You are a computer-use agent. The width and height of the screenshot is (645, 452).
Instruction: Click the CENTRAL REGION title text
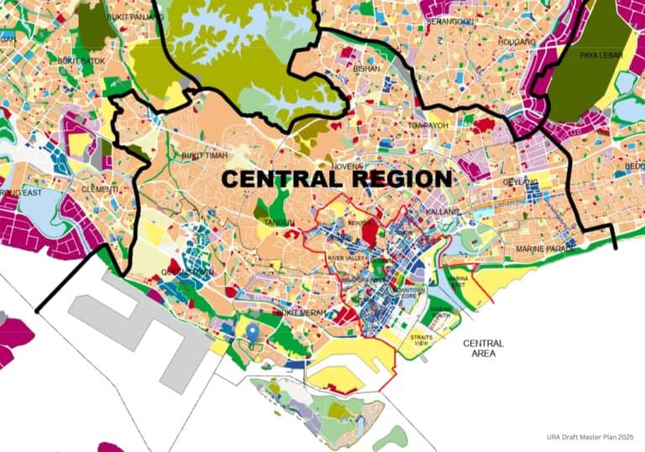[x=337, y=179]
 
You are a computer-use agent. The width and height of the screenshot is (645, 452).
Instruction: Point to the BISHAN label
[x=367, y=69]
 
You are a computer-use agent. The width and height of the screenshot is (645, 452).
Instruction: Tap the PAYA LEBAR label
[x=600, y=55]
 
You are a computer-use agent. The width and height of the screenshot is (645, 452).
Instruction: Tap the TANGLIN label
[x=279, y=223]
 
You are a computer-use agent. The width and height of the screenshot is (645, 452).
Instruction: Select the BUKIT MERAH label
[x=301, y=313]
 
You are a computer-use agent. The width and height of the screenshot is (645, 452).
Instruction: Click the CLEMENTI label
[x=101, y=189]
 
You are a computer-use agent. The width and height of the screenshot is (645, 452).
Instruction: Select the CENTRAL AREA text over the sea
[x=483, y=348]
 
